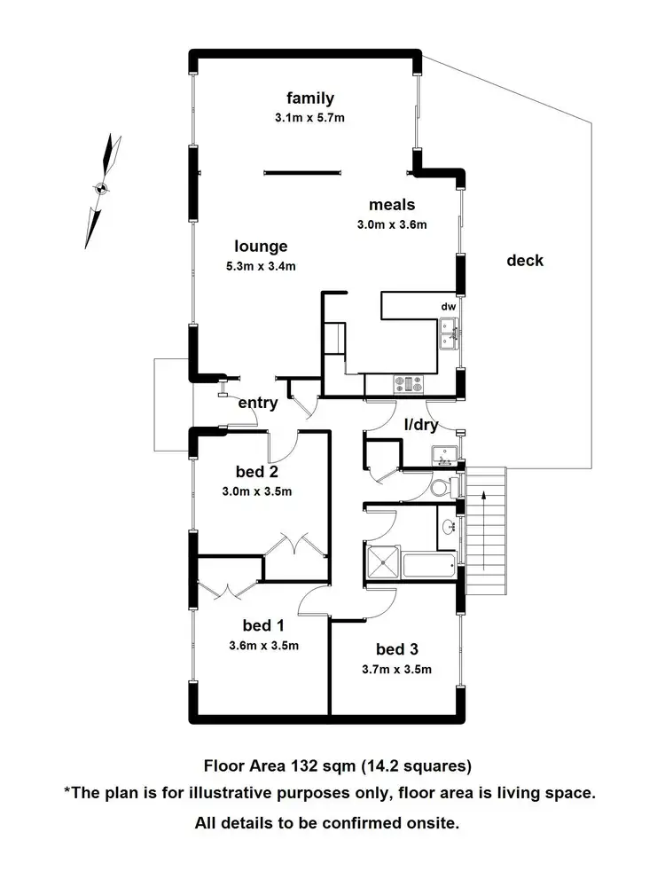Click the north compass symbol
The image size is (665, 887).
[x=101, y=188]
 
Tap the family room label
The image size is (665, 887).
[x=309, y=98]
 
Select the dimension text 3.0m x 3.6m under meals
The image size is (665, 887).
[x=392, y=224]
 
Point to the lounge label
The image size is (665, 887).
[x=261, y=247]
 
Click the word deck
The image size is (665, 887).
[x=525, y=261]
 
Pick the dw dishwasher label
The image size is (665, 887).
[x=449, y=307]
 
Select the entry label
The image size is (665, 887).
[x=258, y=403]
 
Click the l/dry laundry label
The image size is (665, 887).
[x=420, y=425]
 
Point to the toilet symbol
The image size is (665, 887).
[x=439, y=488]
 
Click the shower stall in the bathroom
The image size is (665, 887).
[x=383, y=564]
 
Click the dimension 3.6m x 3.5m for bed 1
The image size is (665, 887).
[x=263, y=645]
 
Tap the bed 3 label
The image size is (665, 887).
[x=396, y=649]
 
